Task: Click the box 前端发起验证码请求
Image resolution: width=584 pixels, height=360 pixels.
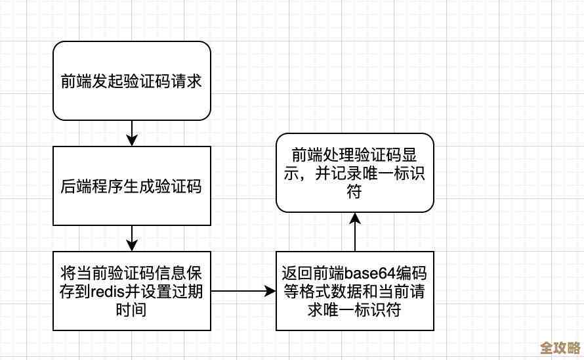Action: (x=131, y=81)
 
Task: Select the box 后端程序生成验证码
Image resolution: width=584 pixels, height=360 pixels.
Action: (x=131, y=186)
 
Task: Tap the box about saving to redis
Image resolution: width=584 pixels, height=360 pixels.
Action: (x=131, y=290)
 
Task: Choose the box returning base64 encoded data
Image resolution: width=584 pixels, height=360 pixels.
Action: (x=354, y=290)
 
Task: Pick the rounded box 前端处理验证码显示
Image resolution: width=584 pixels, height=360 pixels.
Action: (x=354, y=173)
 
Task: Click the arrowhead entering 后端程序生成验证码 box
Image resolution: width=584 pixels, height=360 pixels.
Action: (x=132, y=141)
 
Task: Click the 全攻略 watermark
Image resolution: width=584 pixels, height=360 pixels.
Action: (x=558, y=346)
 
